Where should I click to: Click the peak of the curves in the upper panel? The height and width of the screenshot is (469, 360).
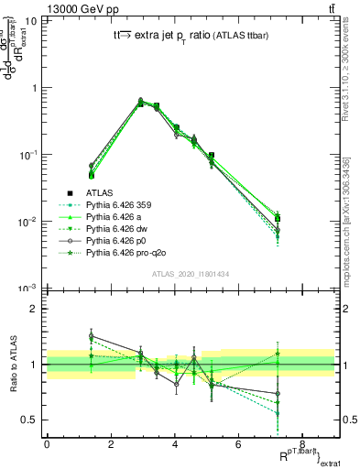pos(140,101)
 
